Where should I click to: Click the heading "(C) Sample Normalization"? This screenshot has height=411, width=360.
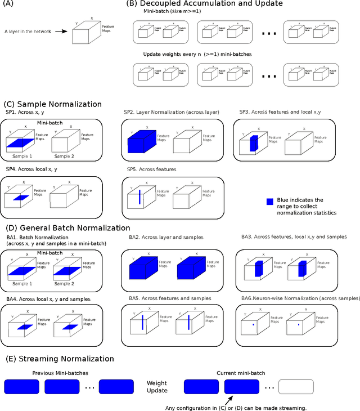[53, 104]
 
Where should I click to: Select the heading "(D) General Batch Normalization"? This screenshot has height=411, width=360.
[67, 228]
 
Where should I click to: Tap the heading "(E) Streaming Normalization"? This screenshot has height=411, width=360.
[59, 359]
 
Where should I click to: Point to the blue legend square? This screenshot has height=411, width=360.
[271, 202]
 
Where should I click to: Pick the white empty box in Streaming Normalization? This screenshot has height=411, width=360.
[296, 386]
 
